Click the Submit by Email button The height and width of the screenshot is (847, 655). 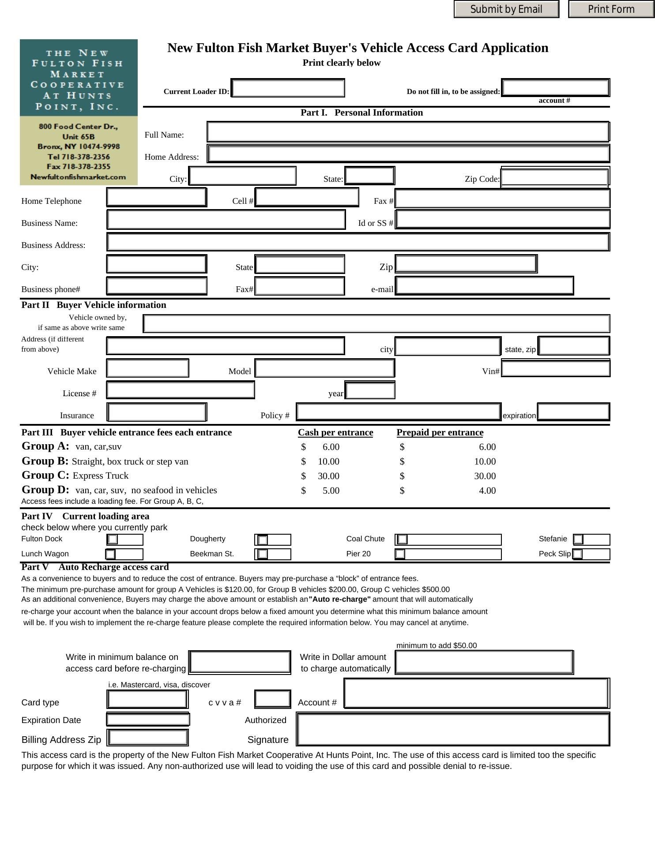click(x=506, y=9)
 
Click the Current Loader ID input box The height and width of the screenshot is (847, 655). click(x=288, y=88)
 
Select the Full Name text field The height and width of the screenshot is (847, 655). click(x=408, y=132)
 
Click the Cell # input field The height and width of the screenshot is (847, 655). click(x=307, y=197)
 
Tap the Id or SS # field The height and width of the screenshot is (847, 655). click(x=502, y=219)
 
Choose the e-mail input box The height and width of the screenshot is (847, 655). click(x=484, y=285)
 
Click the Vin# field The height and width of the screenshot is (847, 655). click(x=556, y=368)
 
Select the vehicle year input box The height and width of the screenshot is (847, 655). click(x=370, y=390)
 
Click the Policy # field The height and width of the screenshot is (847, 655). click(x=398, y=412)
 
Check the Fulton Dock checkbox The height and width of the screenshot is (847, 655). click(x=113, y=539)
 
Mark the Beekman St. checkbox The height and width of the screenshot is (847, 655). click(x=263, y=554)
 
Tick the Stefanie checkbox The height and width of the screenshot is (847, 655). click(x=578, y=539)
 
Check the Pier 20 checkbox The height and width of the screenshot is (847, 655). click(x=400, y=554)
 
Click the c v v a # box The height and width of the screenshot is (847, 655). click(x=273, y=699)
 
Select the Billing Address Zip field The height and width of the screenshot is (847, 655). click(x=148, y=737)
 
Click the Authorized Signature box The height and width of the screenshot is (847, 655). click(x=453, y=730)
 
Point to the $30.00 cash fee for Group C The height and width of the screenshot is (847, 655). click(x=328, y=476)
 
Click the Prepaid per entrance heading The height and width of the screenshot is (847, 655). click(x=440, y=432)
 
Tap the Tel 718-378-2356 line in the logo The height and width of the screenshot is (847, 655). click(x=79, y=157)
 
